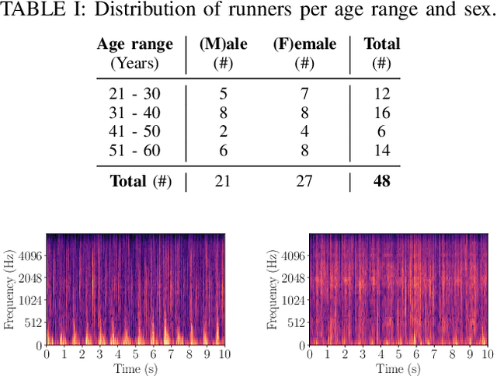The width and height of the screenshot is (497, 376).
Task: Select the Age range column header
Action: (x=134, y=44)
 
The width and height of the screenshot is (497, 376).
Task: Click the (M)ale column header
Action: (x=224, y=44)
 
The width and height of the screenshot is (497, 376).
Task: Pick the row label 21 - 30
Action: (x=134, y=93)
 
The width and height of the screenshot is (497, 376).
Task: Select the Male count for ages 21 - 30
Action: (x=224, y=93)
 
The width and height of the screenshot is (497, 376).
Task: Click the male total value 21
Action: (x=224, y=182)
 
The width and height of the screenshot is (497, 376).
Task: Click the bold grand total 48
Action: (x=381, y=182)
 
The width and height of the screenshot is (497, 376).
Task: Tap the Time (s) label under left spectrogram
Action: (x=135, y=368)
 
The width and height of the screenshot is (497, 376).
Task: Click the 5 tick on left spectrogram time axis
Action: (x=135, y=355)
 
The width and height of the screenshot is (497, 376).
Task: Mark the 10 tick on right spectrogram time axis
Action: (x=488, y=355)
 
